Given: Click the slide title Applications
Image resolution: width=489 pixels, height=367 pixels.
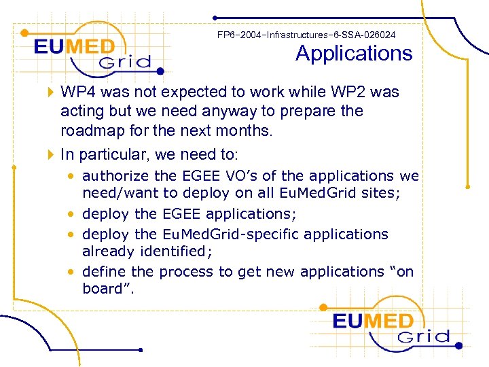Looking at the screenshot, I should point(354,54).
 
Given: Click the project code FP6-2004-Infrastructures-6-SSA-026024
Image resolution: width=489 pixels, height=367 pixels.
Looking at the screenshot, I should point(306,34).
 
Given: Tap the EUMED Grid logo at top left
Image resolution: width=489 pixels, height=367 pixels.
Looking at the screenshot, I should point(92,52).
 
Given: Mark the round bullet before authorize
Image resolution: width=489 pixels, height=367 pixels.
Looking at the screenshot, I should point(71,177).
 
